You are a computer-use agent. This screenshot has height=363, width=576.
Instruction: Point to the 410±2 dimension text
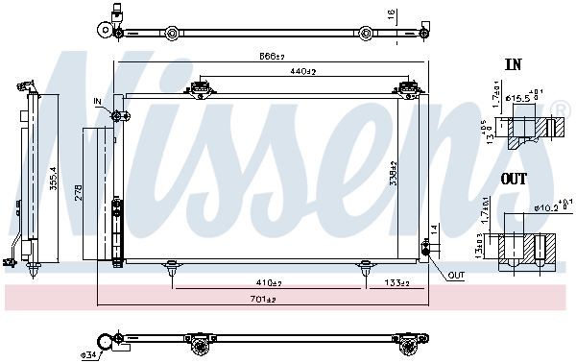pos(269,283)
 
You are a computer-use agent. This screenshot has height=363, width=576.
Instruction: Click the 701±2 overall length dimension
pos(263,301)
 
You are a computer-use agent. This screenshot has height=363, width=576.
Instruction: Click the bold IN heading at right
pos(513,65)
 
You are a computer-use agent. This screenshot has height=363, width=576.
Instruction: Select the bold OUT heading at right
pos(514,179)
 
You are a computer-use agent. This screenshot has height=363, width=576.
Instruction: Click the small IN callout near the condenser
pos(98,101)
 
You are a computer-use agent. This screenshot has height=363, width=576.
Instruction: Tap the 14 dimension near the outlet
pos(434,230)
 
